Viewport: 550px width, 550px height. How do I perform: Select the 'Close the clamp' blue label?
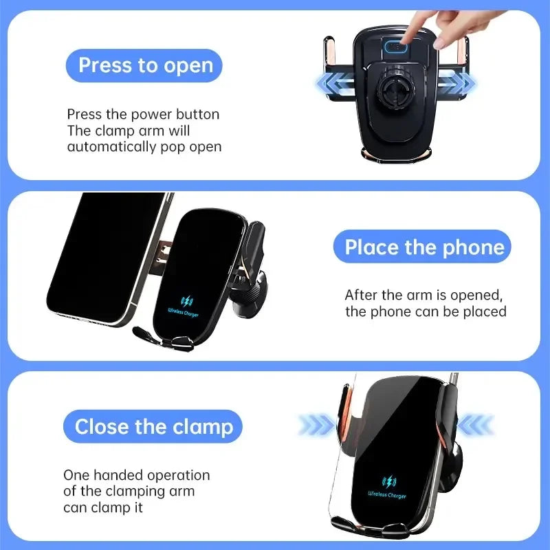(153, 426)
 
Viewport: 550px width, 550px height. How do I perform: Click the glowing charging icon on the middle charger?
(186, 301)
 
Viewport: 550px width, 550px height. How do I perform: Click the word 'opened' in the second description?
(479, 295)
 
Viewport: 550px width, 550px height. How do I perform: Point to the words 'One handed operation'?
(136, 475)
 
